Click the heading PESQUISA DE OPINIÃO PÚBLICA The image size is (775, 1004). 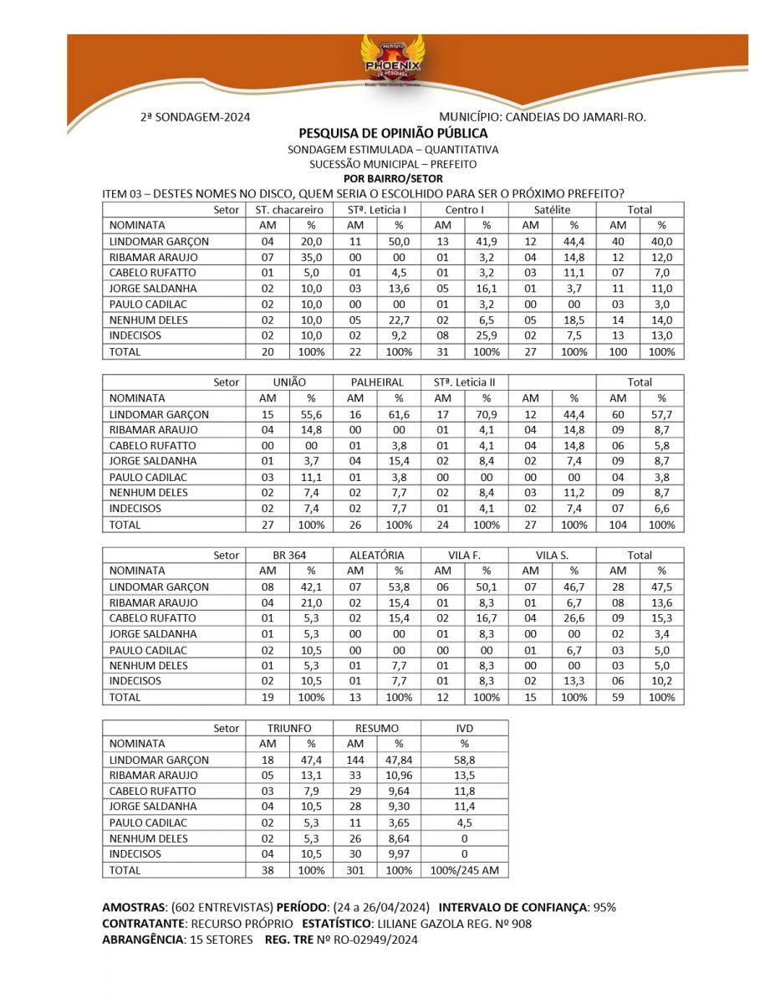tap(393, 133)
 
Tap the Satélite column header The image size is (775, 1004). tap(552, 210)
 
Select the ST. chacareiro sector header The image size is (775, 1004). tap(288, 210)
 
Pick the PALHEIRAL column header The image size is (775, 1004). tap(376, 382)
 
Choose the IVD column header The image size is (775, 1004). tap(464, 728)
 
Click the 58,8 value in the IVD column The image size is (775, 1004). tap(464, 760)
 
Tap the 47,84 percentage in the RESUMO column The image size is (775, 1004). tap(399, 760)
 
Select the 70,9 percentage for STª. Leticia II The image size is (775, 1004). tap(486, 414)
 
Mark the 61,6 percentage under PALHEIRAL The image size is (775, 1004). tap(399, 414)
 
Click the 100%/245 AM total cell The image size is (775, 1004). tap(464, 870)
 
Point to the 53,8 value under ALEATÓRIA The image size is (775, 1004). tap(399, 587)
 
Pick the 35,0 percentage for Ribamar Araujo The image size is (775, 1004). tap(311, 257)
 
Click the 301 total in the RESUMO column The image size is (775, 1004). tap(354, 870)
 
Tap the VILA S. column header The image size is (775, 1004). tap(552, 555)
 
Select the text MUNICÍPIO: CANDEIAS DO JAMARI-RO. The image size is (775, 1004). tap(543, 118)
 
